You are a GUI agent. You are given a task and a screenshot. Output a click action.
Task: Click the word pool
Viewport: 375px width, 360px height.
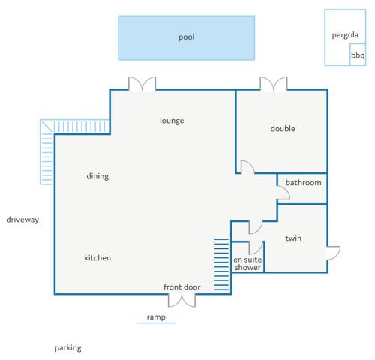tap(187, 37)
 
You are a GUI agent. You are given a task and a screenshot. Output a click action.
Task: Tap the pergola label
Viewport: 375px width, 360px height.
tap(345, 35)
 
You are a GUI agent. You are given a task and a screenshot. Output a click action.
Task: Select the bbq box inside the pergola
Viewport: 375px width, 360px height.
tap(358, 55)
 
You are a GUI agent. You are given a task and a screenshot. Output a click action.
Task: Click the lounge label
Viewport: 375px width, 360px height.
tap(172, 121)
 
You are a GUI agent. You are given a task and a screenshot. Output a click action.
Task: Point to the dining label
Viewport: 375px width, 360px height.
tap(97, 176)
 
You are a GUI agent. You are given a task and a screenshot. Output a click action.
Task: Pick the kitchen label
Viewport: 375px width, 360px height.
tap(97, 257)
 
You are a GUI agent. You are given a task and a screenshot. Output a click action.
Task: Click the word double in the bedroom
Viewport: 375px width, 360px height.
tap(283, 129)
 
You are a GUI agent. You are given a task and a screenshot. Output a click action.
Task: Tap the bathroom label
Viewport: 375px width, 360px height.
tap(304, 183)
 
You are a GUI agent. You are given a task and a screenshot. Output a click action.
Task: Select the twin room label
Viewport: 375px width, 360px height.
tap(293, 238)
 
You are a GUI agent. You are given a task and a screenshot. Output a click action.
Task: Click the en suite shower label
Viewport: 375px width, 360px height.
tap(247, 263)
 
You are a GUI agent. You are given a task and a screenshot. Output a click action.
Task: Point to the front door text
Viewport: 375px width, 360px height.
tap(182, 286)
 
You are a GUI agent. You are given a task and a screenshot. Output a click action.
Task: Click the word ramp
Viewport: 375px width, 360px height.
tap(156, 317)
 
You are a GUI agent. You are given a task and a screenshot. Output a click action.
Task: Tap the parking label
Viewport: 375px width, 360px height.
tap(68, 348)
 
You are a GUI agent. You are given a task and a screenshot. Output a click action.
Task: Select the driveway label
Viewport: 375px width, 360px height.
tap(22, 220)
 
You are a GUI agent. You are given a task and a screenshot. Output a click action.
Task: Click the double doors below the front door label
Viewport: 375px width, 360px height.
tap(182, 301)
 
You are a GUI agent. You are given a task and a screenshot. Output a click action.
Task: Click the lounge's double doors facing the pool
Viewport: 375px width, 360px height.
tap(142, 83)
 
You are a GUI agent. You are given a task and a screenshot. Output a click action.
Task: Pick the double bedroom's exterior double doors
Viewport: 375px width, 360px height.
tap(274, 83)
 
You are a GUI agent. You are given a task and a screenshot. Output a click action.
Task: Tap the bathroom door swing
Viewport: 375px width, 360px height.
tap(283, 193)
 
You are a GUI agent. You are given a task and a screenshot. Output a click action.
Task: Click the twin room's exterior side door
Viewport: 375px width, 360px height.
tap(334, 253)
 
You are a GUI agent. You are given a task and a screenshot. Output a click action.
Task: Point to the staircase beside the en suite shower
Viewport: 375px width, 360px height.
tap(221, 265)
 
